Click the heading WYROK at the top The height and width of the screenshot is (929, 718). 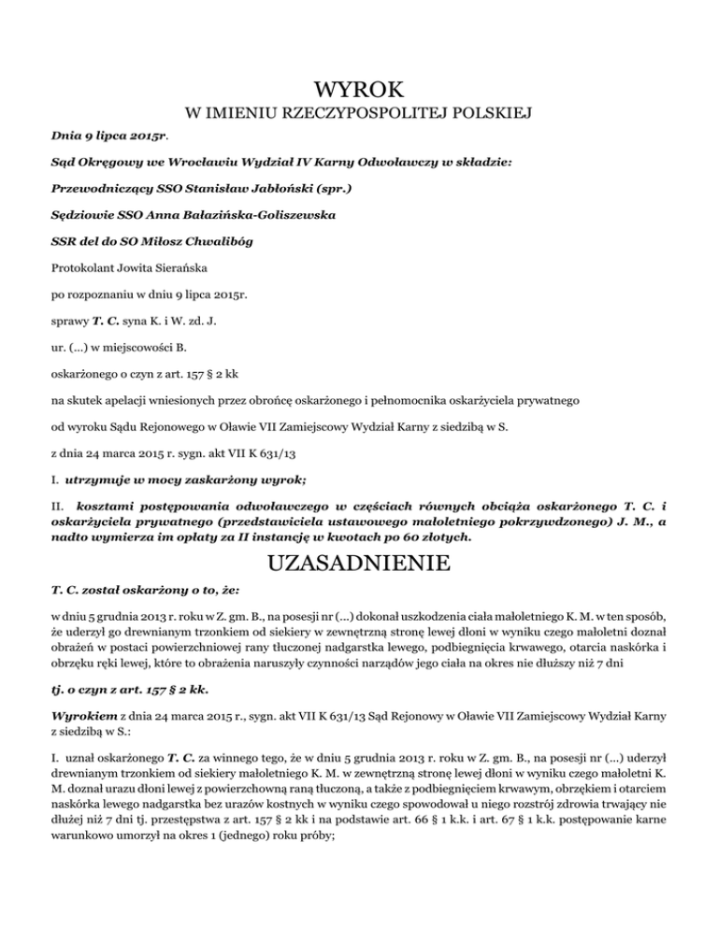[x=359, y=91]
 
